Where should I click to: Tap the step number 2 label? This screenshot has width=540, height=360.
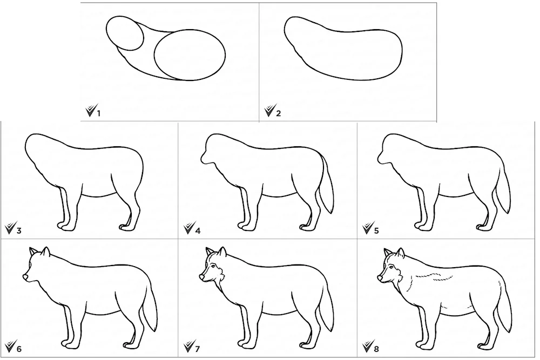(x=278, y=113)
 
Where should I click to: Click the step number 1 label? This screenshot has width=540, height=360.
(x=98, y=113)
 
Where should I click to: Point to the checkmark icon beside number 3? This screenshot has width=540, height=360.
(x=10, y=228)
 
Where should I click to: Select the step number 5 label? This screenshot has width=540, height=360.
(x=376, y=230)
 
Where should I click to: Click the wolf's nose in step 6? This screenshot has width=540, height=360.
(x=25, y=277)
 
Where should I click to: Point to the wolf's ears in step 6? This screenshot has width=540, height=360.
(x=39, y=252)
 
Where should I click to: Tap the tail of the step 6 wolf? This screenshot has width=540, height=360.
(x=150, y=303)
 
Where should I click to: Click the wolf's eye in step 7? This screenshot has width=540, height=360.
(x=213, y=267)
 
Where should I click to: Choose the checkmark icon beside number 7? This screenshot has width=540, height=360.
(x=188, y=346)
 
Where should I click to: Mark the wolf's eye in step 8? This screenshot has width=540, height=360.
(x=391, y=267)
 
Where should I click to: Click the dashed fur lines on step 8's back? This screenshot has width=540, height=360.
(x=434, y=275)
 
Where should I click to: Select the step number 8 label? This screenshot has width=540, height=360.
(x=376, y=349)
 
